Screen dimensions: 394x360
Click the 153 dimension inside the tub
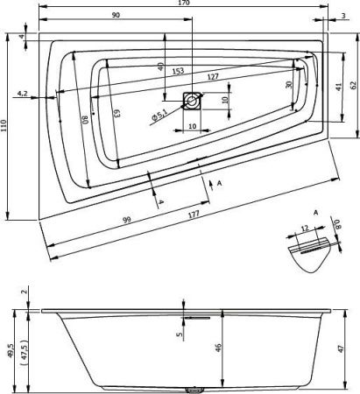coord(178,71)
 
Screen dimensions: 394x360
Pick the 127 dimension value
coord(213,76)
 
